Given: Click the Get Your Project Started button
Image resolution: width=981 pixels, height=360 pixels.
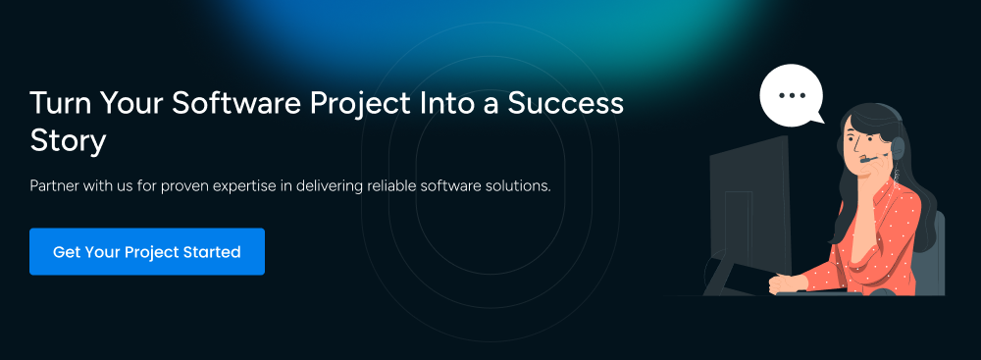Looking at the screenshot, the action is [147, 252].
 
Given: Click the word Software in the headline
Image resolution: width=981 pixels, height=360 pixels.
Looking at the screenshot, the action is [236, 103].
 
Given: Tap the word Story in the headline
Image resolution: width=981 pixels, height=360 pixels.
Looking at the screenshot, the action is [68, 141].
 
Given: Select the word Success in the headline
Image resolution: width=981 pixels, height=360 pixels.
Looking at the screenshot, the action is [566, 103].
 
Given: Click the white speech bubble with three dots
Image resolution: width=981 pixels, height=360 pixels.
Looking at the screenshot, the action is [791, 96].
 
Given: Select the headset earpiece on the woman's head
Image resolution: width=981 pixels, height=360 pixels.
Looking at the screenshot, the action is [898, 148].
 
